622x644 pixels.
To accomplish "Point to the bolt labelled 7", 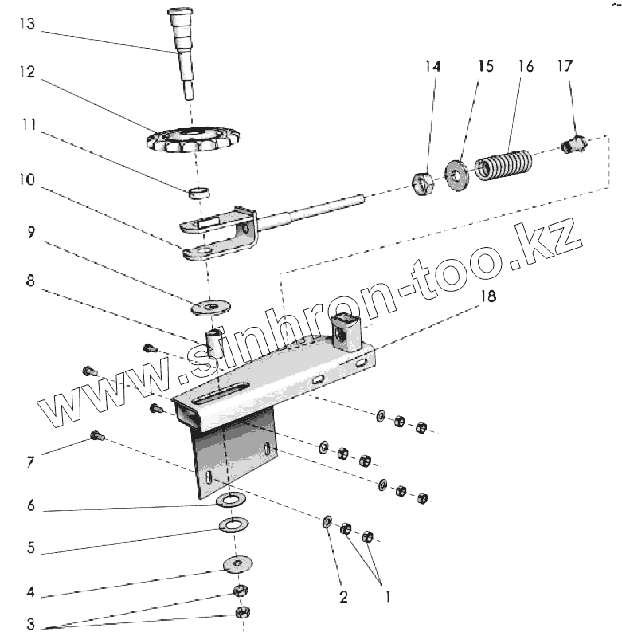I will click(98, 435).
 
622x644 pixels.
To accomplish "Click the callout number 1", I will click(388, 595).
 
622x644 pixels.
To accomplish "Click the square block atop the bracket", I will click(345, 333).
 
